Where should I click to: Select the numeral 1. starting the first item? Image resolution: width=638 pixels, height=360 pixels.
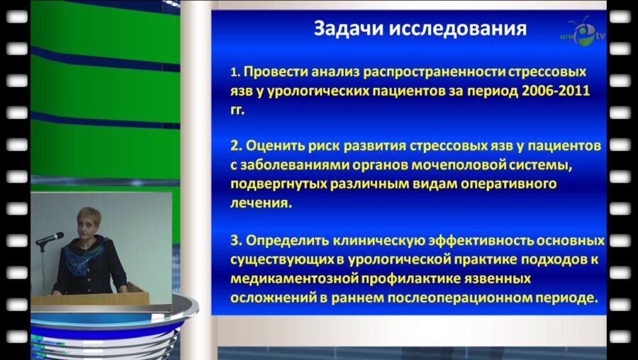(237, 73)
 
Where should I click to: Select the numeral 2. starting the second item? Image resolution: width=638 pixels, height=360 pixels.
(237, 146)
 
